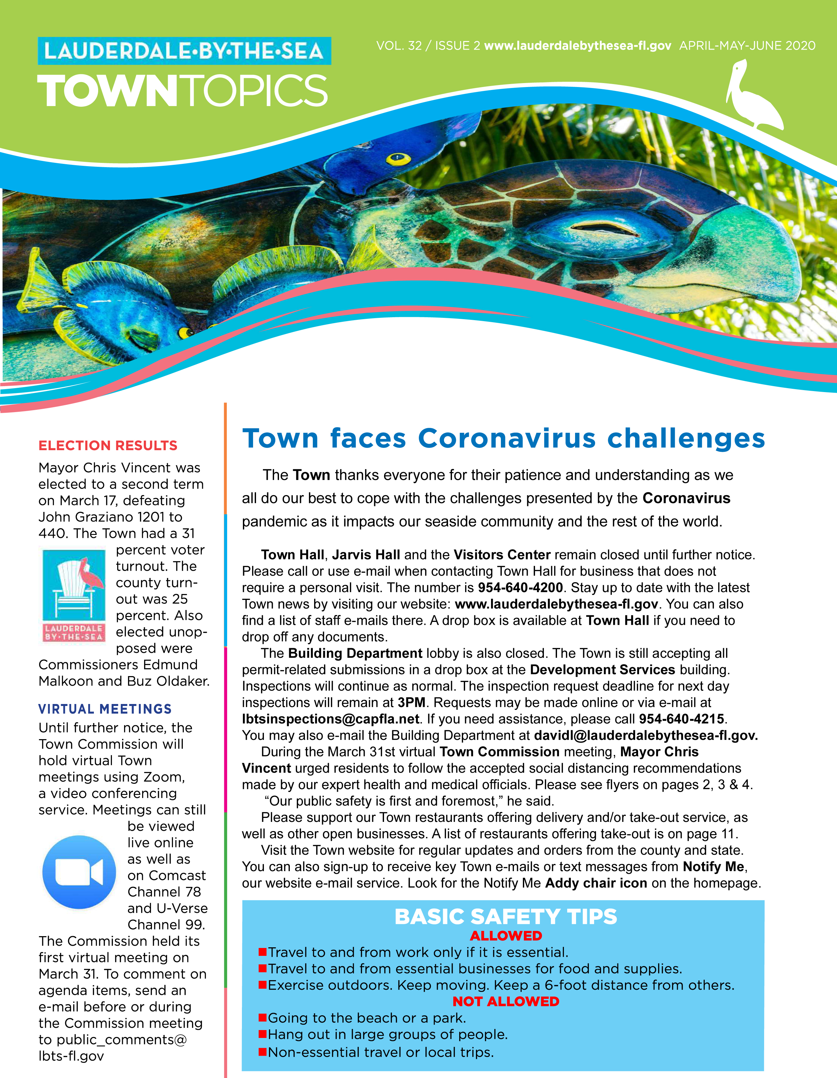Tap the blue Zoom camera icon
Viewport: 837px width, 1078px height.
point(79,872)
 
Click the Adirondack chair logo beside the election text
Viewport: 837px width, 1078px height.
point(74,595)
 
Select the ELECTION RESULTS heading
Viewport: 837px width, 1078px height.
point(108,446)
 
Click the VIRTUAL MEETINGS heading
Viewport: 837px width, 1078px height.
point(105,709)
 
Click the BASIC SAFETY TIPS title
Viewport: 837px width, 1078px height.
point(505,917)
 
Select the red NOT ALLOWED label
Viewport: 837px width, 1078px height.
point(505,1001)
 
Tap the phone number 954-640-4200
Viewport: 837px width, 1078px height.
point(520,587)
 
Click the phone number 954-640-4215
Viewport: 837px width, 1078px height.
point(681,719)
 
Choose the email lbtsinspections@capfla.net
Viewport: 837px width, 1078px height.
point(331,719)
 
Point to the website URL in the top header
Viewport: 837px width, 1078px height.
point(577,46)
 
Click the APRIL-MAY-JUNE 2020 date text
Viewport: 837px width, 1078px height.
point(747,46)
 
